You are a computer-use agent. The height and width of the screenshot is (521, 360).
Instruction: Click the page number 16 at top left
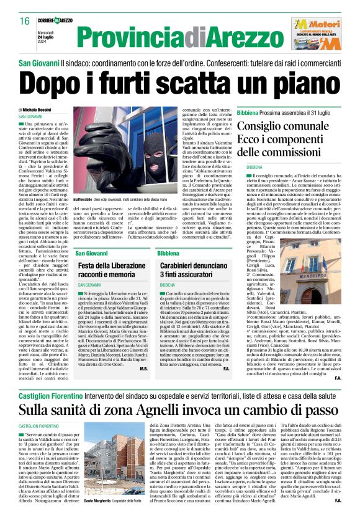coord(25,21)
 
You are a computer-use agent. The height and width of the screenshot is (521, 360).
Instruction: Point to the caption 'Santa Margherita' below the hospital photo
coord(97,500)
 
